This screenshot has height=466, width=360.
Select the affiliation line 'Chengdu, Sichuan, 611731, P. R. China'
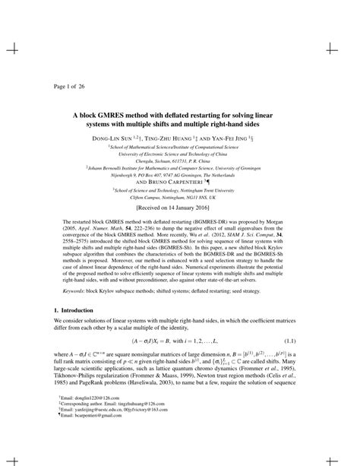pyautogui.click(x=180, y=161)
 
